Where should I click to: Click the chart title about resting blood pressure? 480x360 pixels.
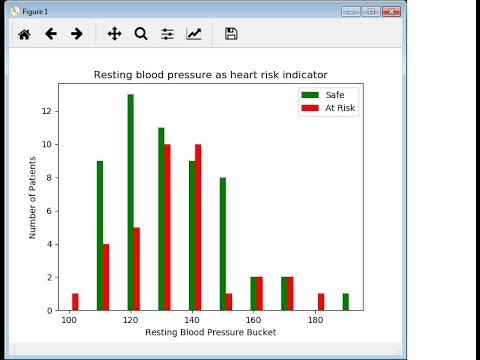210,74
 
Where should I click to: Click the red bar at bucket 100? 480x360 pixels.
75,301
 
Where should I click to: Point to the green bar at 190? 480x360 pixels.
346,301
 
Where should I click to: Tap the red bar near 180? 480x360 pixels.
321,301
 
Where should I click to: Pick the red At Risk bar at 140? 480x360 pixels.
198,227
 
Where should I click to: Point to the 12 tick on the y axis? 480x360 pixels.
49,112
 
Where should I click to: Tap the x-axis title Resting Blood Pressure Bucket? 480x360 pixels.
210,332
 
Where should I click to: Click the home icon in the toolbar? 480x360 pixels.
24,34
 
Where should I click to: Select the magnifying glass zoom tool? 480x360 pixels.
141,34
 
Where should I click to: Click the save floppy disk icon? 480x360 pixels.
231,34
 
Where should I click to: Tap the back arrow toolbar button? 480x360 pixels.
50,34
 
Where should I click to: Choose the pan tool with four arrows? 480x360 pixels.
114,34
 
